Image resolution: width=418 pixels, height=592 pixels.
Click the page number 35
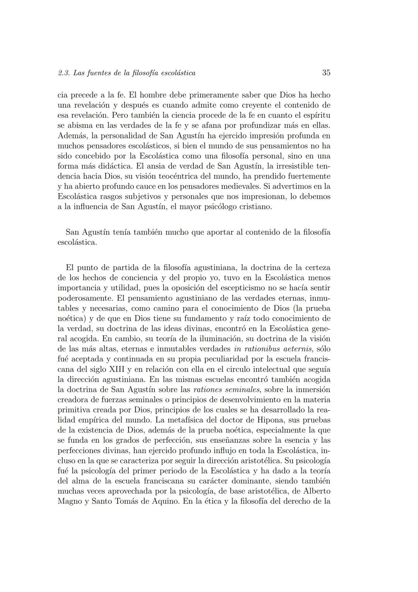pyautogui.click(x=326, y=73)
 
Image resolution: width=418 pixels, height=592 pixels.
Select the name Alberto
pyautogui.click(x=317, y=491)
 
